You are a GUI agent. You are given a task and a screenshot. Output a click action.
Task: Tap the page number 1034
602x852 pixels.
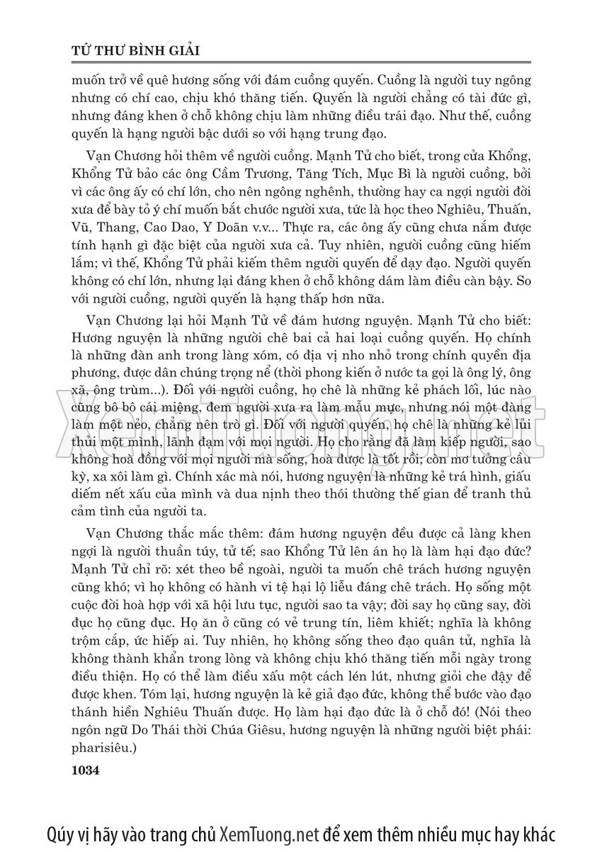click(86, 768)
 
